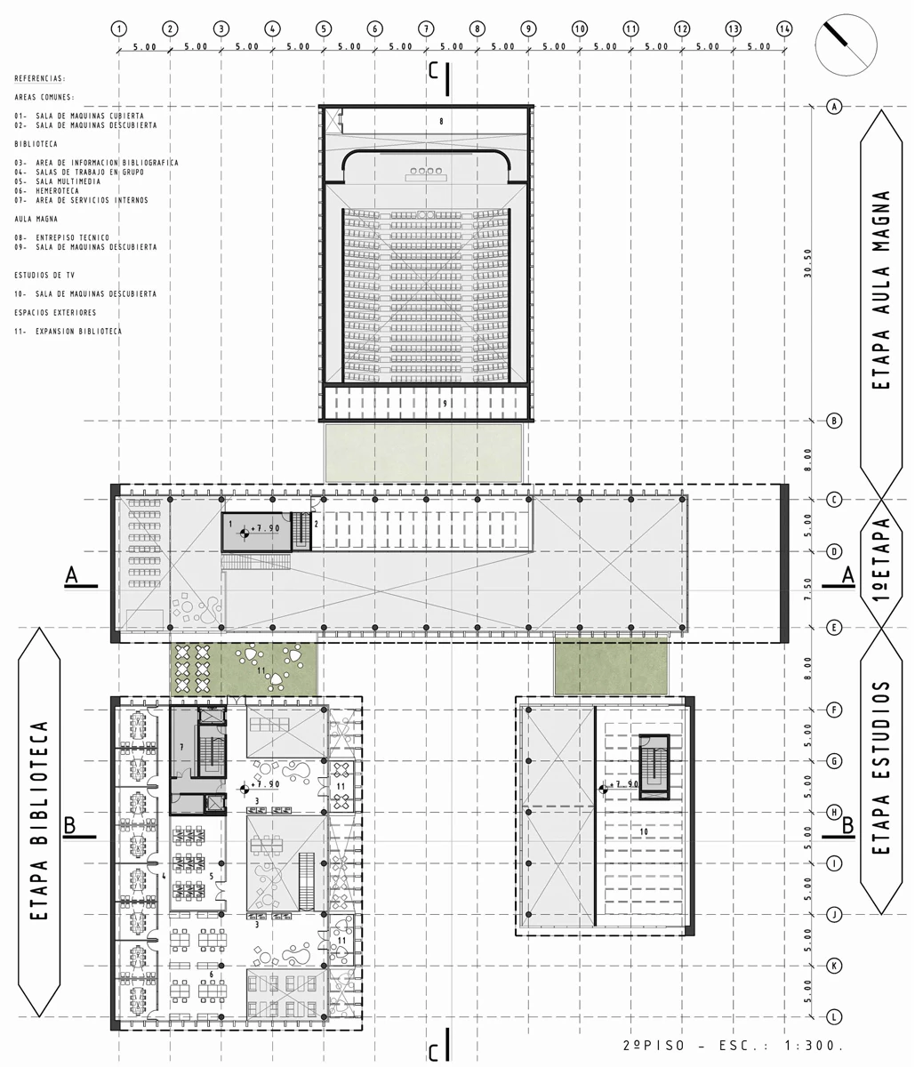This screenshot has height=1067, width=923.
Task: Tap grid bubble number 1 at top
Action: click(119, 28)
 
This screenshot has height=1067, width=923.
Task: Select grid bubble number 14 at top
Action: click(783, 28)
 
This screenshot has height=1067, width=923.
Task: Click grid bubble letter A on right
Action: click(834, 107)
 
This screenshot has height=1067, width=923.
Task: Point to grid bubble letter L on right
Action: click(834, 1016)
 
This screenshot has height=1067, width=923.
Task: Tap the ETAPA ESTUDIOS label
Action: click(881, 769)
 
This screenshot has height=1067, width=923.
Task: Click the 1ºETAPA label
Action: click(881, 562)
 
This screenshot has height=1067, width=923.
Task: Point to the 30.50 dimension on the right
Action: click(807, 265)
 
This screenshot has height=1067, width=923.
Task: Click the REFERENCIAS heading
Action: click(40, 79)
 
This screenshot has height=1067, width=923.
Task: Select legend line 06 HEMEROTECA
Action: click(47, 191)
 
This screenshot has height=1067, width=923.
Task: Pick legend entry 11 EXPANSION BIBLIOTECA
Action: click(68, 331)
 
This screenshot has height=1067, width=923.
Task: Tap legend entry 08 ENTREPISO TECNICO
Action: click(62, 237)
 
